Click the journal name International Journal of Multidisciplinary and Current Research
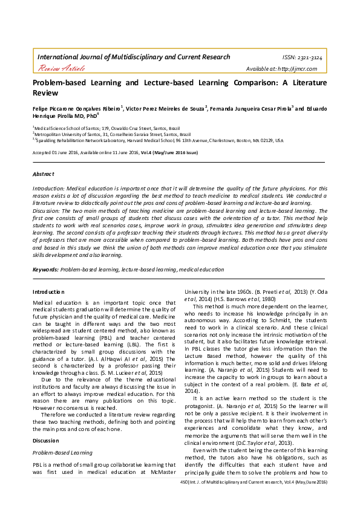click(x=134, y=57)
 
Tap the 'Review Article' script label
click(x=57, y=70)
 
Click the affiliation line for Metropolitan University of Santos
click(x=112, y=134)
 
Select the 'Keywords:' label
click(x=45, y=270)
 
